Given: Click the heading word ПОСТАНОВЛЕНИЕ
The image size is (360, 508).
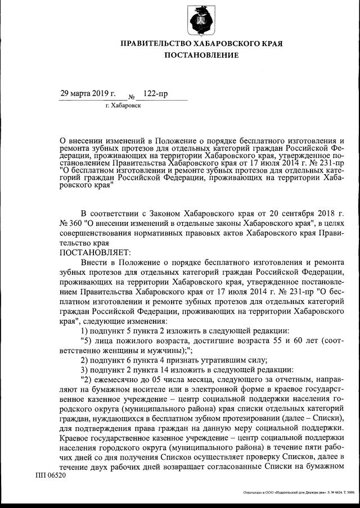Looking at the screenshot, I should (x=201, y=55).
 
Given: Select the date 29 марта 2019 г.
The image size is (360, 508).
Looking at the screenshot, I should (x=87, y=92).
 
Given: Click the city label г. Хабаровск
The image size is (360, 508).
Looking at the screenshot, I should (x=123, y=105).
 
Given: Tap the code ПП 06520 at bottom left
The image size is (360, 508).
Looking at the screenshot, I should (x=51, y=475).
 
